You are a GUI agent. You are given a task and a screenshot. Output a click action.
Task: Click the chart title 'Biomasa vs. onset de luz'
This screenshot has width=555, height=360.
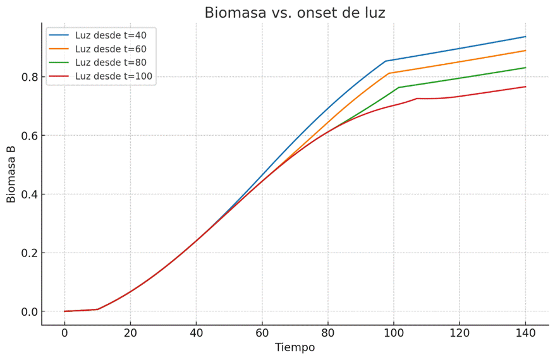[295, 13]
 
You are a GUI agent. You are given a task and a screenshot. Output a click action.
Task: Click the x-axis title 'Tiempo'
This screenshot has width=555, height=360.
[295, 347]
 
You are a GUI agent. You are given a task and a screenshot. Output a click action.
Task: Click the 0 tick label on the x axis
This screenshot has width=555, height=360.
[64, 333]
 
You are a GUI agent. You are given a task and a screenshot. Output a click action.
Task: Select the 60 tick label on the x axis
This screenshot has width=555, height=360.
[262, 333]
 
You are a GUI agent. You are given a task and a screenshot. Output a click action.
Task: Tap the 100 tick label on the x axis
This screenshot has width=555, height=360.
[394, 333]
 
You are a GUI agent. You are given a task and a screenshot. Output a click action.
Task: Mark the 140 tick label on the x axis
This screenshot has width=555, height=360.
[525, 333]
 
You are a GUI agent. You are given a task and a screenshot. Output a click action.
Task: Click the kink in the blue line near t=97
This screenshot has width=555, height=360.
[386, 61]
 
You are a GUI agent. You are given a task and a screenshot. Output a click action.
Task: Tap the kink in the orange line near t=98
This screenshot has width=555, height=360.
[389, 73]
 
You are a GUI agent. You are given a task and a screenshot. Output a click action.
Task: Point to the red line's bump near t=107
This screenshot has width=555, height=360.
[417, 99]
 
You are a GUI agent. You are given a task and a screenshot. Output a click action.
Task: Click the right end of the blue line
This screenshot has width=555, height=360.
[525, 37]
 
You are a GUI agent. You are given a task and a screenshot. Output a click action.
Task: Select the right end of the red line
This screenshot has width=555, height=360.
[525, 87]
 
